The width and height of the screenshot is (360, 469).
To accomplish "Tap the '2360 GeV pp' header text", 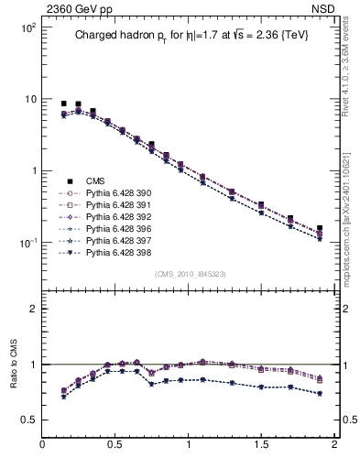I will tap(72, 7).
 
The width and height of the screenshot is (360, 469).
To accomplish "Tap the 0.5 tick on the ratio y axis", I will tap(29, 420).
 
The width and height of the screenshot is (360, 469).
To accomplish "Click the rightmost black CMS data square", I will tap(320, 229).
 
